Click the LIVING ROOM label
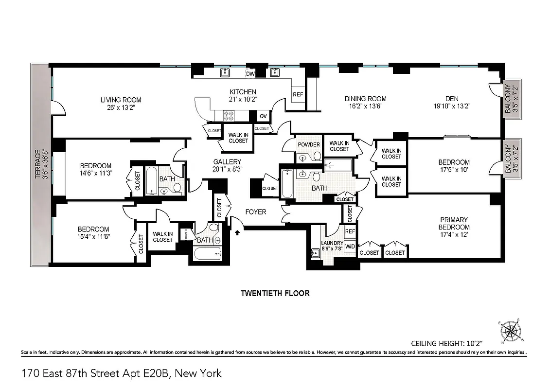(121, 100)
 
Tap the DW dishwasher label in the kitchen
(250, 74)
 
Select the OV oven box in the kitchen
(263, 116)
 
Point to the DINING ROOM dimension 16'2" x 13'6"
(366, 106)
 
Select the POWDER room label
(309, 144)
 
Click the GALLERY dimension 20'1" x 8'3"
(227, 169)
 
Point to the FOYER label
(255, 212)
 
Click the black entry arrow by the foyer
(238, 232)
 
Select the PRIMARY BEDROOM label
(454, 223)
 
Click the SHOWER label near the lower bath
(186, 234)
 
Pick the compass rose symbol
(511, 332)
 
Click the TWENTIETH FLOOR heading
(275, 293)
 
